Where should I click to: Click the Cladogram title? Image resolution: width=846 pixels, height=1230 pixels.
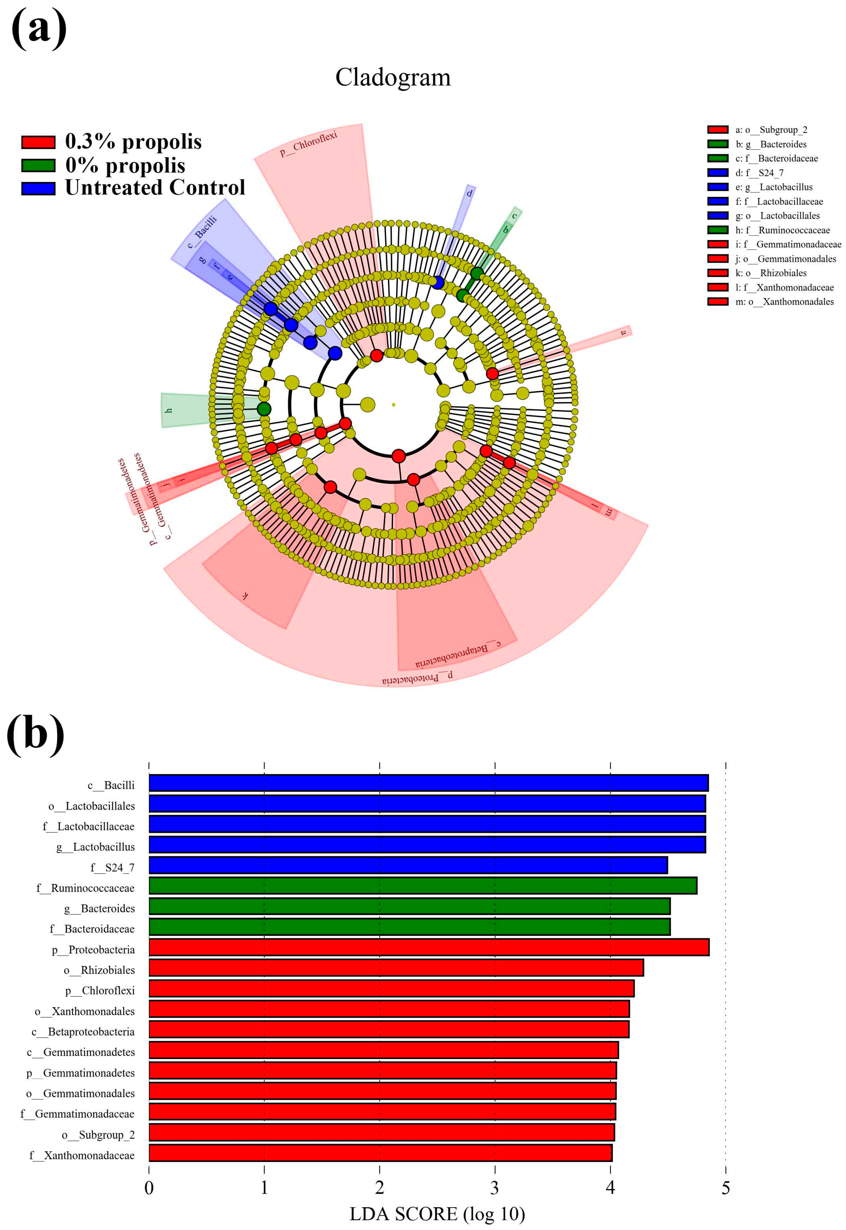(x=393, y=77)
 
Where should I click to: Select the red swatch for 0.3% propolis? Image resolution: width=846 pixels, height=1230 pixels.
(x=38, y=142)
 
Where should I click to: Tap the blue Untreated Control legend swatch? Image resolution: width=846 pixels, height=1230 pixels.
(x=38, y=188)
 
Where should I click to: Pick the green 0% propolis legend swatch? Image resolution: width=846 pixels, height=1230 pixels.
(x=38, y=166)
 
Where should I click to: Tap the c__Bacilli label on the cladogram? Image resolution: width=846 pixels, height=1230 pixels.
(x=202, y=232)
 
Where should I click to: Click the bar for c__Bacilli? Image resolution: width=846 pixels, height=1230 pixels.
(x=428, y=783)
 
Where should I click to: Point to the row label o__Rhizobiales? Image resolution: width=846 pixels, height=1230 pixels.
(x=99, y=970)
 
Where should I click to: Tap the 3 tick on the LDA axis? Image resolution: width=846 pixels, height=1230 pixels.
(x=495, y=1188)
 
